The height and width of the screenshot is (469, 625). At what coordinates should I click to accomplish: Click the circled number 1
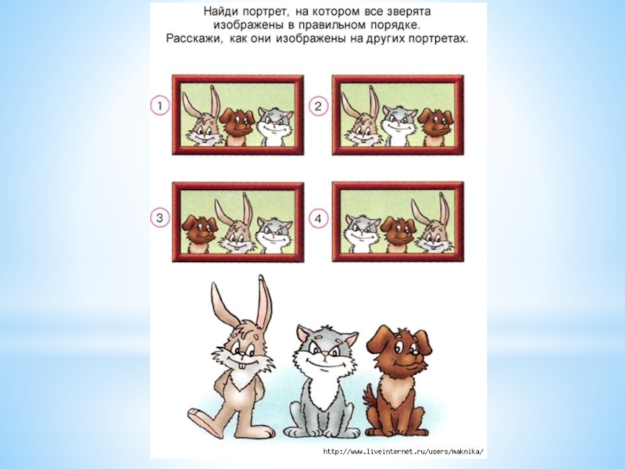pyautogui.click(x=160, y=106)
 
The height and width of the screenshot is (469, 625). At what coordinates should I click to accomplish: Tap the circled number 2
pyautogui.click(x=318, y=106)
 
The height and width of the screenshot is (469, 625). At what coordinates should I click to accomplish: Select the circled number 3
pyautogui.click(x=160, y=218)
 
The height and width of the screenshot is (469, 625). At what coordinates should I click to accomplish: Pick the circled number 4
pyautogui.click(x=318, y=218)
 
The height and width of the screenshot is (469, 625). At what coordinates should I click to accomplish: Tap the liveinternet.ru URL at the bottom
pyautogui.click(x=404, y=452)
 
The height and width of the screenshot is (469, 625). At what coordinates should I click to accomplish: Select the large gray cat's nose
pyautogui.click(x=325, y=354)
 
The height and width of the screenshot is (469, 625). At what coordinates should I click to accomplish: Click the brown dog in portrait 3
pyautogui.click(x=199, y=234)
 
